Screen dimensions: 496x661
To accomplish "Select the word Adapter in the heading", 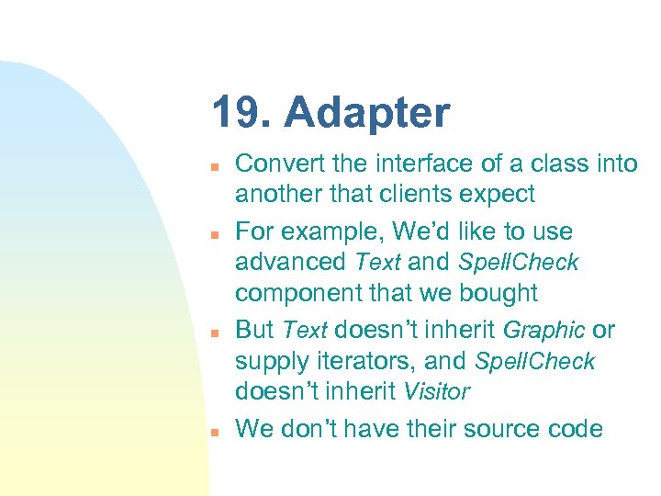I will (367, 114).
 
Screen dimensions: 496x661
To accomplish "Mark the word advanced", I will (290, 262).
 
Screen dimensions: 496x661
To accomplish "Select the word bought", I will (502, 294).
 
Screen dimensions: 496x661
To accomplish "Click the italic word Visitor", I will (436, 392).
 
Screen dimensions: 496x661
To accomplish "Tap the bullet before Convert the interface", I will (212, 167).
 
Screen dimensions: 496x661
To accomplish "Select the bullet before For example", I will (212, 234).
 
